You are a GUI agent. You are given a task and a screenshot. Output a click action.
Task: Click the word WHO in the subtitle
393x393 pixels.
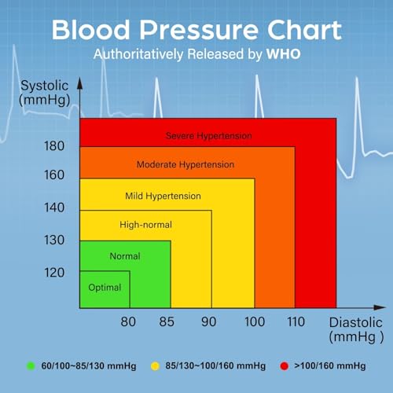click(282, 56)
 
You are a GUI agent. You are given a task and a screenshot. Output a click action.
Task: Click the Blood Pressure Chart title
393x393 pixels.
click(196, 30)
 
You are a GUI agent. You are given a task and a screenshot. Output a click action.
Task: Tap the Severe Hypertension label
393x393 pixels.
click(208, 136)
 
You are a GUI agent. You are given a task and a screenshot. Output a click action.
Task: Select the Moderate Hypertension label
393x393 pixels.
click(185, 165)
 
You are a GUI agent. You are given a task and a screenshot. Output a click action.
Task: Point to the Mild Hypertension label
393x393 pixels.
click(163, 196)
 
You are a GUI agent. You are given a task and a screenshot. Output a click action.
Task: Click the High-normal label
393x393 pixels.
click(145, 225)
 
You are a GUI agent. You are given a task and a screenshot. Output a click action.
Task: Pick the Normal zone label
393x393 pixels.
click(124, 256)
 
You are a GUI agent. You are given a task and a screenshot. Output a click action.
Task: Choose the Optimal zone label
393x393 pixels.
click(105, 287)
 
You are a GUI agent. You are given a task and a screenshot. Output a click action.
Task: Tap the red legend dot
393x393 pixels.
click(284, 365)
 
